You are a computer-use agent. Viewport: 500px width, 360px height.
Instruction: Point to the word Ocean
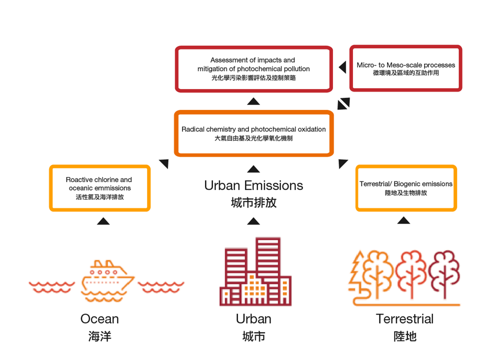[x=99, y=319]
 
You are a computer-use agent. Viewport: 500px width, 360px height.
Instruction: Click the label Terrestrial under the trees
[x=404, y=319]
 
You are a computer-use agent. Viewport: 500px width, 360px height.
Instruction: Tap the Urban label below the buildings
[x=253, y=319]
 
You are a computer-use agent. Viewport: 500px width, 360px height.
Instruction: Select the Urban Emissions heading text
[x=253, y=185]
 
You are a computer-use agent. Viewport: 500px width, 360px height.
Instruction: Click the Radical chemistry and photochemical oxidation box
[x=253, y=133]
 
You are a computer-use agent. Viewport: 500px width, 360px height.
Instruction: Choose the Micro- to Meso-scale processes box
[x=405, y=68]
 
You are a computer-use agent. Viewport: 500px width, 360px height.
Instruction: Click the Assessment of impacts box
[x=253, y=69]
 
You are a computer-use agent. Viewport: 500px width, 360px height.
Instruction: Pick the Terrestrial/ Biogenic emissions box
[x=405, y=188]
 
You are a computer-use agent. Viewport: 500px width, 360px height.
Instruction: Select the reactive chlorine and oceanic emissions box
[x=99, y=188]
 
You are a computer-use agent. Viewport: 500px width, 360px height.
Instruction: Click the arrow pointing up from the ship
[x=103, y=221]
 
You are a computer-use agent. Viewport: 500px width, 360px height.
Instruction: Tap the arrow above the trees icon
[x=403, y=220]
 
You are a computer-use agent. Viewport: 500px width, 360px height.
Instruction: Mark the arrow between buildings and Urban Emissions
[x=253, y=220]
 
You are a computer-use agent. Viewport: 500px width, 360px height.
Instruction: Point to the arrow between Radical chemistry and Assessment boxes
[x=253, y=101]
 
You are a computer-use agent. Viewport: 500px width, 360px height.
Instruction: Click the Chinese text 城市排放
[x=253, y=202]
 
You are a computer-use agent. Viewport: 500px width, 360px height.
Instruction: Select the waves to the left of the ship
[x=51, y=286]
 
